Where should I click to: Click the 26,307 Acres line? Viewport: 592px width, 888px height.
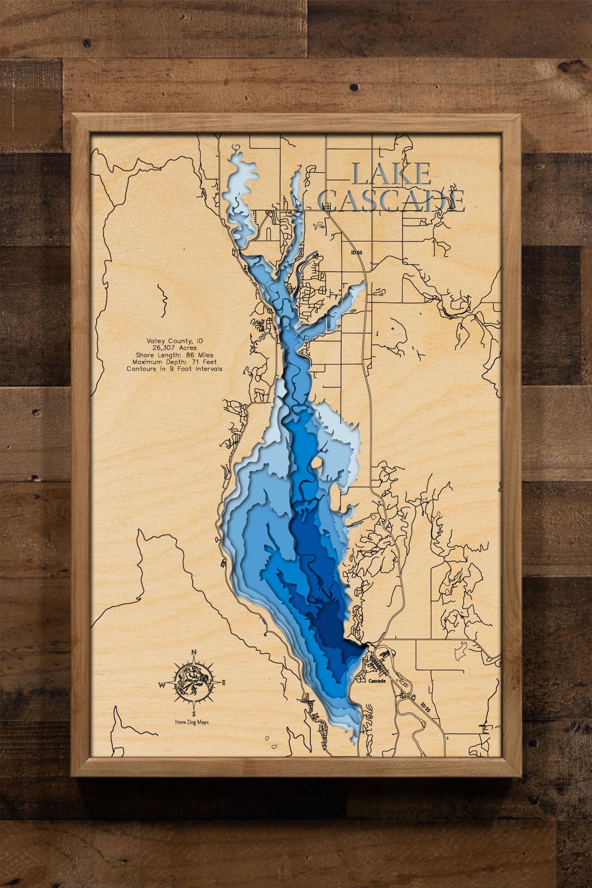click(x=174, y=347)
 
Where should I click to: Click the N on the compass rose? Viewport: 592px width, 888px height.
click(x=194, y=653)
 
